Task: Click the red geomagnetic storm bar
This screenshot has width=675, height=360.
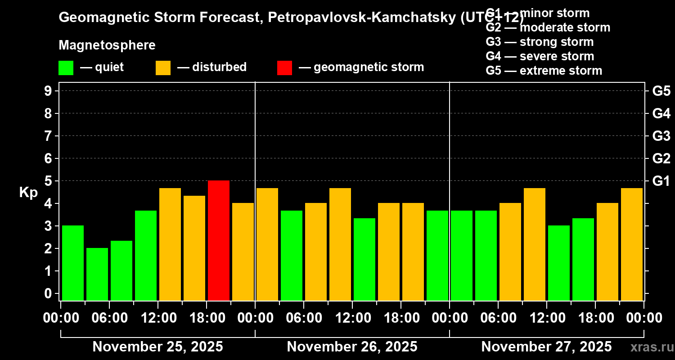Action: pyautogui.click(x=219, y=240)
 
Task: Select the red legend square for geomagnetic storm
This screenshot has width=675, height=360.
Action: pyautogui.click(x=284, y=67)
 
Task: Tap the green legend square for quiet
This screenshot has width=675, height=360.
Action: pyautogui.click(x=66, y=67)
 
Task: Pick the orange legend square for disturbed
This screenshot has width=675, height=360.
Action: pyautogui.click(x=163, y=67)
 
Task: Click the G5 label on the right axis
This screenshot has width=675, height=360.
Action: pyautogui.click(x=661, y=91)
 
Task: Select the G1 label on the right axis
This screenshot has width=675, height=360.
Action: pyautogui.click(x=661, y=181)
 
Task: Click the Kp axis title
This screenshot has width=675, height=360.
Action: pyautogui.click(x=28, y=193)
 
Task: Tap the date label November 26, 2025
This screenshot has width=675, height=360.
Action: pyautogui.click(x=352, y=347)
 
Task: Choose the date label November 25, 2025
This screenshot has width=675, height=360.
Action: pyautogui.click(x=157, y=347)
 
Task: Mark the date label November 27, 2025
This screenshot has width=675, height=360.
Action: pyautogui.click(x=546, y=347)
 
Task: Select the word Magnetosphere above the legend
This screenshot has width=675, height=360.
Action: pyautogui.click(x=107, y=45)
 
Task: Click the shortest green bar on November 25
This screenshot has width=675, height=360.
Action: pyautogui.click(x=97, y=274)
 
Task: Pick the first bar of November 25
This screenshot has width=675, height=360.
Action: pyautogui.click(x=73, y=263)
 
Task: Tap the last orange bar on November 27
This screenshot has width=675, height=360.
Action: pyautogui.click(x=632, y=244)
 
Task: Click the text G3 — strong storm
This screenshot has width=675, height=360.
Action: pyautogui.click(x=540, y=42)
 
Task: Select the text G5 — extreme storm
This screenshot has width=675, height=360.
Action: pyautogui.click(x=544, y=71)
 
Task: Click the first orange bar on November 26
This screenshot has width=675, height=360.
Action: pyautogui.click(x=267, y=244)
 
